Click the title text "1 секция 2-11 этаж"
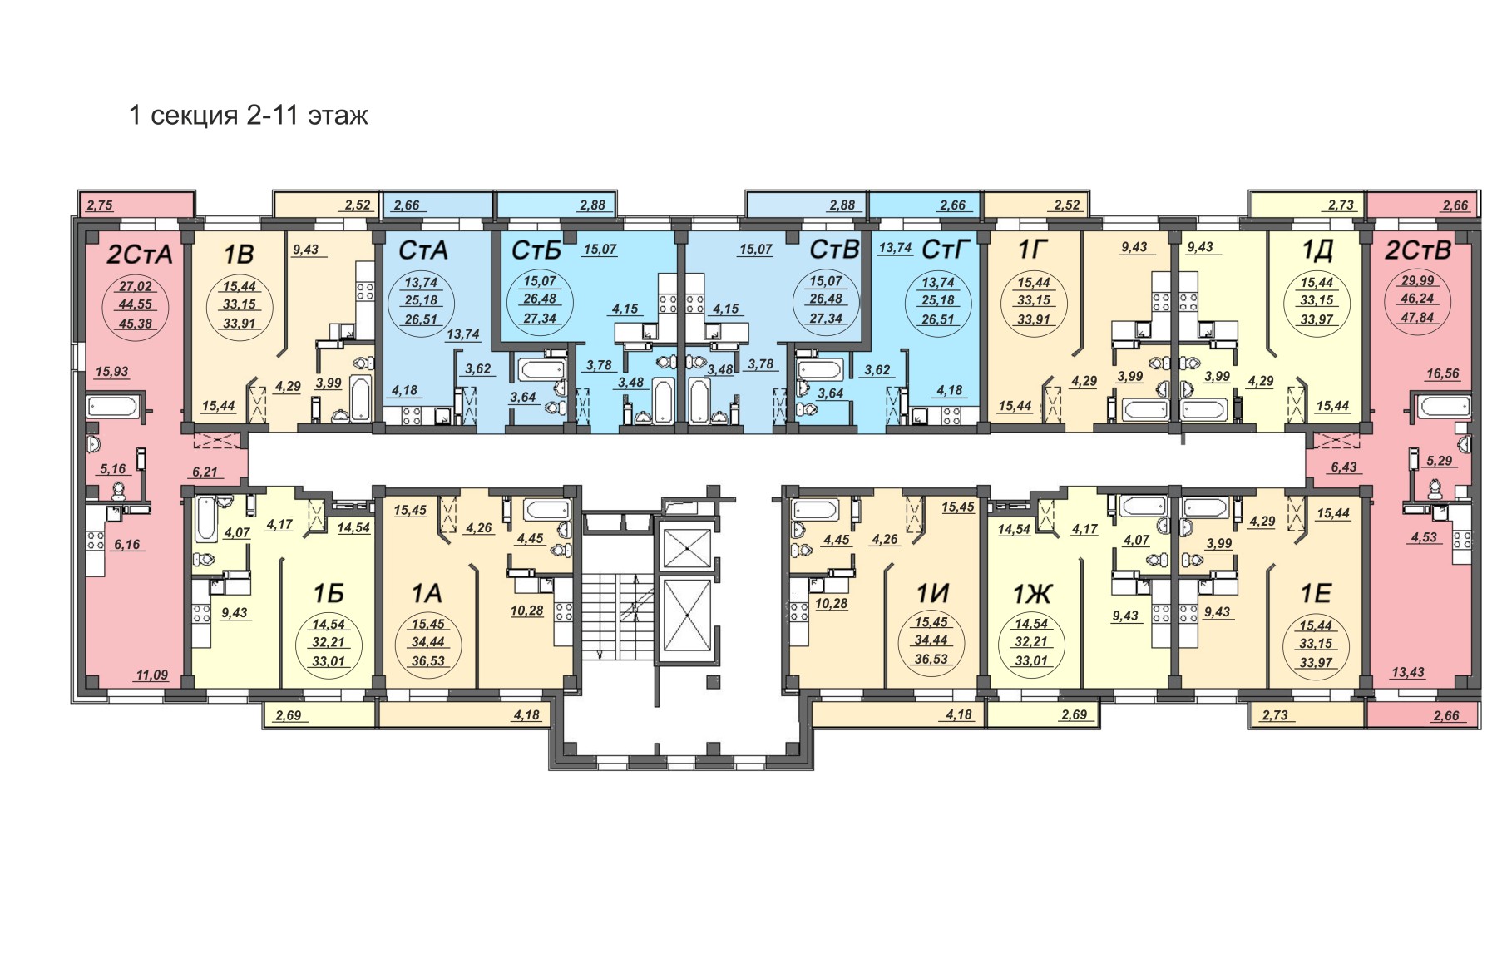point(248,115)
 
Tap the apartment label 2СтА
point(140,254)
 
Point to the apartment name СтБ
point(537,250)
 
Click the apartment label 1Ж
point(1032,593)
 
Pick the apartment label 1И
point(932,593)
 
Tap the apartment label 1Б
point(329,593)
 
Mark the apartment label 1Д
point(1318,250)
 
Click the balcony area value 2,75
point(99,205)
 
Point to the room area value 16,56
point(1442,374)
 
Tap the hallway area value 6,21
point(205,472)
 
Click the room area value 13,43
point(1407,672)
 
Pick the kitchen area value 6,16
point(127,544)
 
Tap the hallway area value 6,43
point(1344,467)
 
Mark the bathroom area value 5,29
point(1440,460)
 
